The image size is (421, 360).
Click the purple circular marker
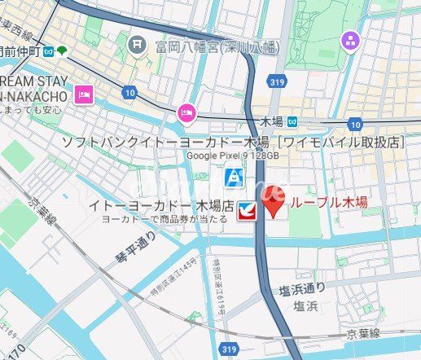350,39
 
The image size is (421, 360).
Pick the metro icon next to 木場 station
292,122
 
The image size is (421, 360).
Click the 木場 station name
271,122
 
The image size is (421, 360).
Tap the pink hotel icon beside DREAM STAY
84,95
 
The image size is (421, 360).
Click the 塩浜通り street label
302,288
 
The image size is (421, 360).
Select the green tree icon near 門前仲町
62,50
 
